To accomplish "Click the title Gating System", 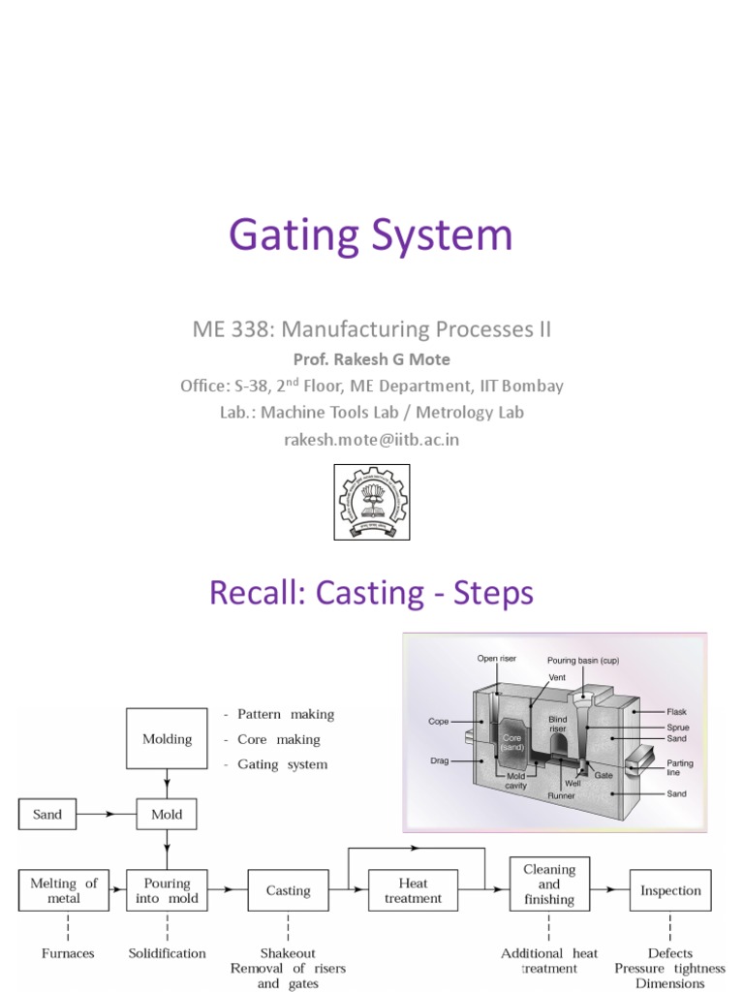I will click(371, 236).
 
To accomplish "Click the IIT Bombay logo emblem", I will click(372, 502).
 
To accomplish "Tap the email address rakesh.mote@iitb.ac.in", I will click(371, 439).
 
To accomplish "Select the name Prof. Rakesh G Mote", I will click(371, 359).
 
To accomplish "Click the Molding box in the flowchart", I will click(167, 739).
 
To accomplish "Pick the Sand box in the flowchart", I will click(46, 815).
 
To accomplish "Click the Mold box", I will click(167, 815).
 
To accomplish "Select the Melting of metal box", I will click(64, 890).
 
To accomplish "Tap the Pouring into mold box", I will click(167, 890).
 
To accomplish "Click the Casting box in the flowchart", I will click(289, 890).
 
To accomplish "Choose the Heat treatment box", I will click(413, 890).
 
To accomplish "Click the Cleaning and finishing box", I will click(549, 884).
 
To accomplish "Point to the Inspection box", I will click(670, 890).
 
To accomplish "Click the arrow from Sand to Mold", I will click(107, 815).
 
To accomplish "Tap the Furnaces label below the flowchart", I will click(68, 953).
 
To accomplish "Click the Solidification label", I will click(167, 953).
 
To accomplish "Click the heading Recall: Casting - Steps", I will click(371, 592).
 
